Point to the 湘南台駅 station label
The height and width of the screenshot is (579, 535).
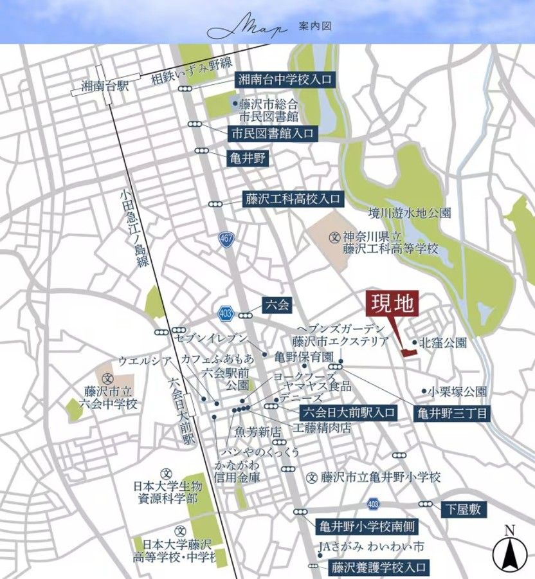pos(105,86)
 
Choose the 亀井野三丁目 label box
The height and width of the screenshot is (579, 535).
pos(453,412)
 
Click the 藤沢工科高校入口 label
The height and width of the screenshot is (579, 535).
pos(292,199)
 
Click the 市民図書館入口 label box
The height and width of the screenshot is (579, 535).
pos(273,134)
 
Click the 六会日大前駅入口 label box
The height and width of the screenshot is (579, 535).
pos(348,412)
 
